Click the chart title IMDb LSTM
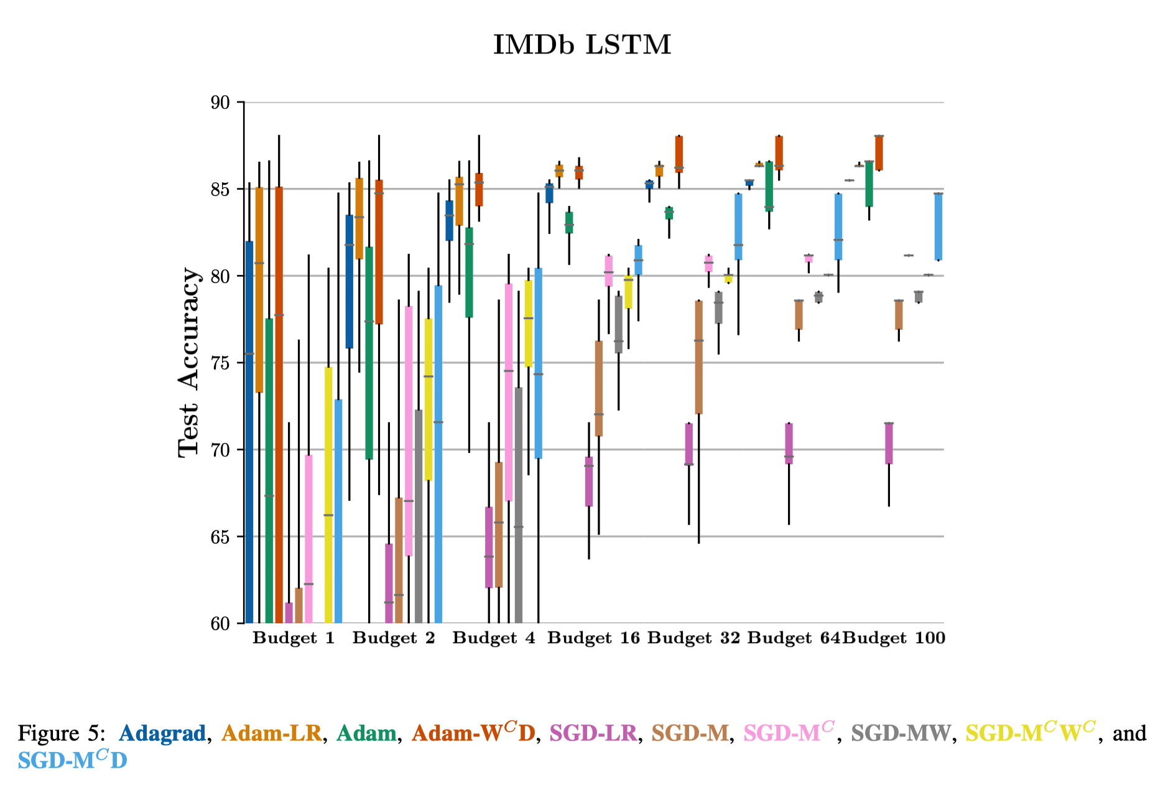coord(582,45)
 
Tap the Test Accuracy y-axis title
coord(189,363)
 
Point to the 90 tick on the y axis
coord(220,103)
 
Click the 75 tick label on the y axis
coord(220,363)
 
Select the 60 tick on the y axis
coord(220,624)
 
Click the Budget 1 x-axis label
coord(294,638)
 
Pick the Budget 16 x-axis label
coord(593,638)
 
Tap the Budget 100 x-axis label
coord(894,638)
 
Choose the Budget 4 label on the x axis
coord(494,638)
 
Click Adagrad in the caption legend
coord(162,733)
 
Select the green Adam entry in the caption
coord(366,733)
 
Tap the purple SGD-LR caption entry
coord(593,733)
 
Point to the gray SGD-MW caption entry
coord(901,733)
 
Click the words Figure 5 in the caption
coord(58,733)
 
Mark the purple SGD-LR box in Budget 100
coord(889,444)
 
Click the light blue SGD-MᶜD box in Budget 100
coord(938,226)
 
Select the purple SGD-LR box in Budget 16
coord(589,481)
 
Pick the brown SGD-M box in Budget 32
coord(699,357)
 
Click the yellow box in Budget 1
coord(328,495)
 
